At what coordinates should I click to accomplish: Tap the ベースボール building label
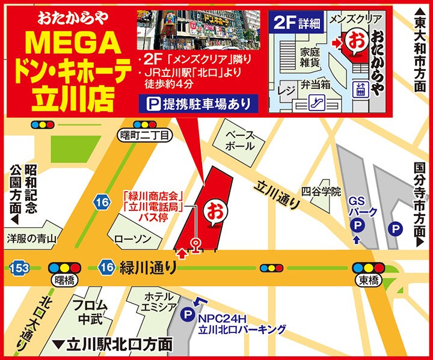pyautogui.click(x=245, y=141)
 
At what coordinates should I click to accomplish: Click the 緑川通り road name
pyautogui.click(x=147, y=267)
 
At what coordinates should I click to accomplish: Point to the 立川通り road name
pyautogui.click(x=277, y=194)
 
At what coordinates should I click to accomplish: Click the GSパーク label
pyautogui.click(x=364, y=206)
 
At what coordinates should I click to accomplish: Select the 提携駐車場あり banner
pyautogui.click(x=199, y=103)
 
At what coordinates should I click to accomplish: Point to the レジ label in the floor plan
pyautogui.click(x=286, y=90)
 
